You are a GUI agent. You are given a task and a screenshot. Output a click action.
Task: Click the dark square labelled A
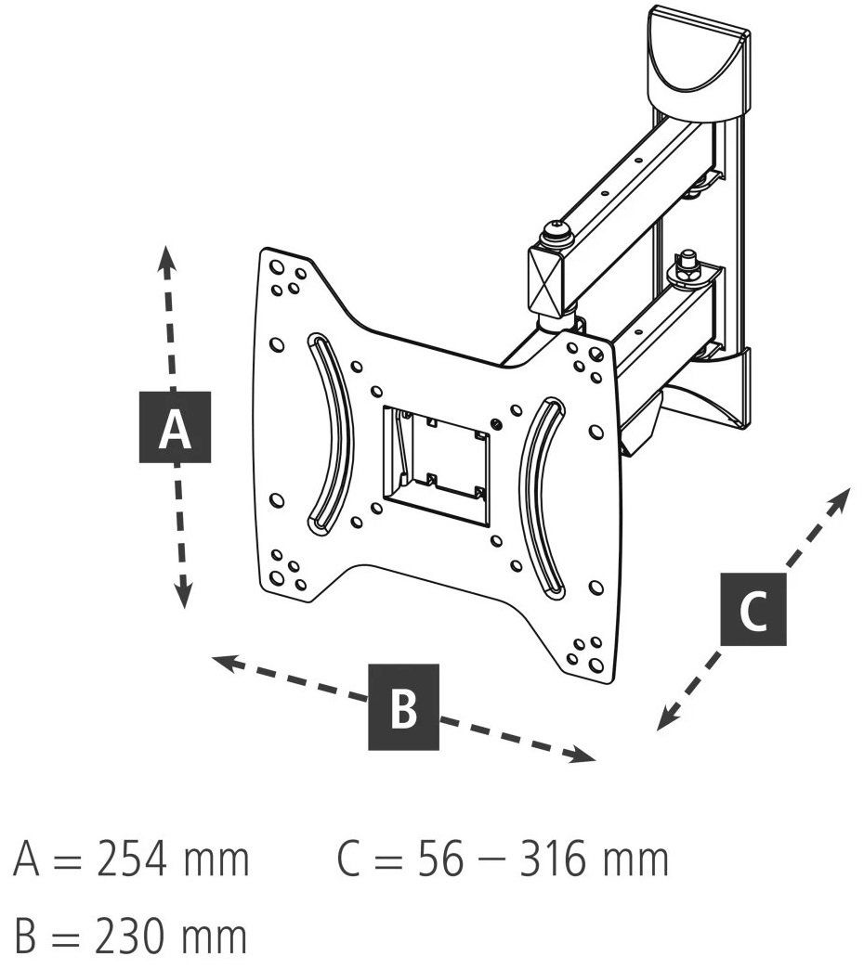coord(175,427)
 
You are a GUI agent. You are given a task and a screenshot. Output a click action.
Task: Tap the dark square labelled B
coord(404,707)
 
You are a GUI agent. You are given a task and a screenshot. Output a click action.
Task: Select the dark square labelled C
coord(753,609)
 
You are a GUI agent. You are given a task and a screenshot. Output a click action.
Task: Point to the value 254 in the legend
coord(131,859)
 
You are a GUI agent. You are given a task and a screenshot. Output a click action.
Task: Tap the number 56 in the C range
coord(439,859)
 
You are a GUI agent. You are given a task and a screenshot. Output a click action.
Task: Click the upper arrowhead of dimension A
coord(165,258)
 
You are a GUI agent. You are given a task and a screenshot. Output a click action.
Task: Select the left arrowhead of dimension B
coord(225,664)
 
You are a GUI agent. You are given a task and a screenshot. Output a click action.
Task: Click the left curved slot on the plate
coord(334,433)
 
